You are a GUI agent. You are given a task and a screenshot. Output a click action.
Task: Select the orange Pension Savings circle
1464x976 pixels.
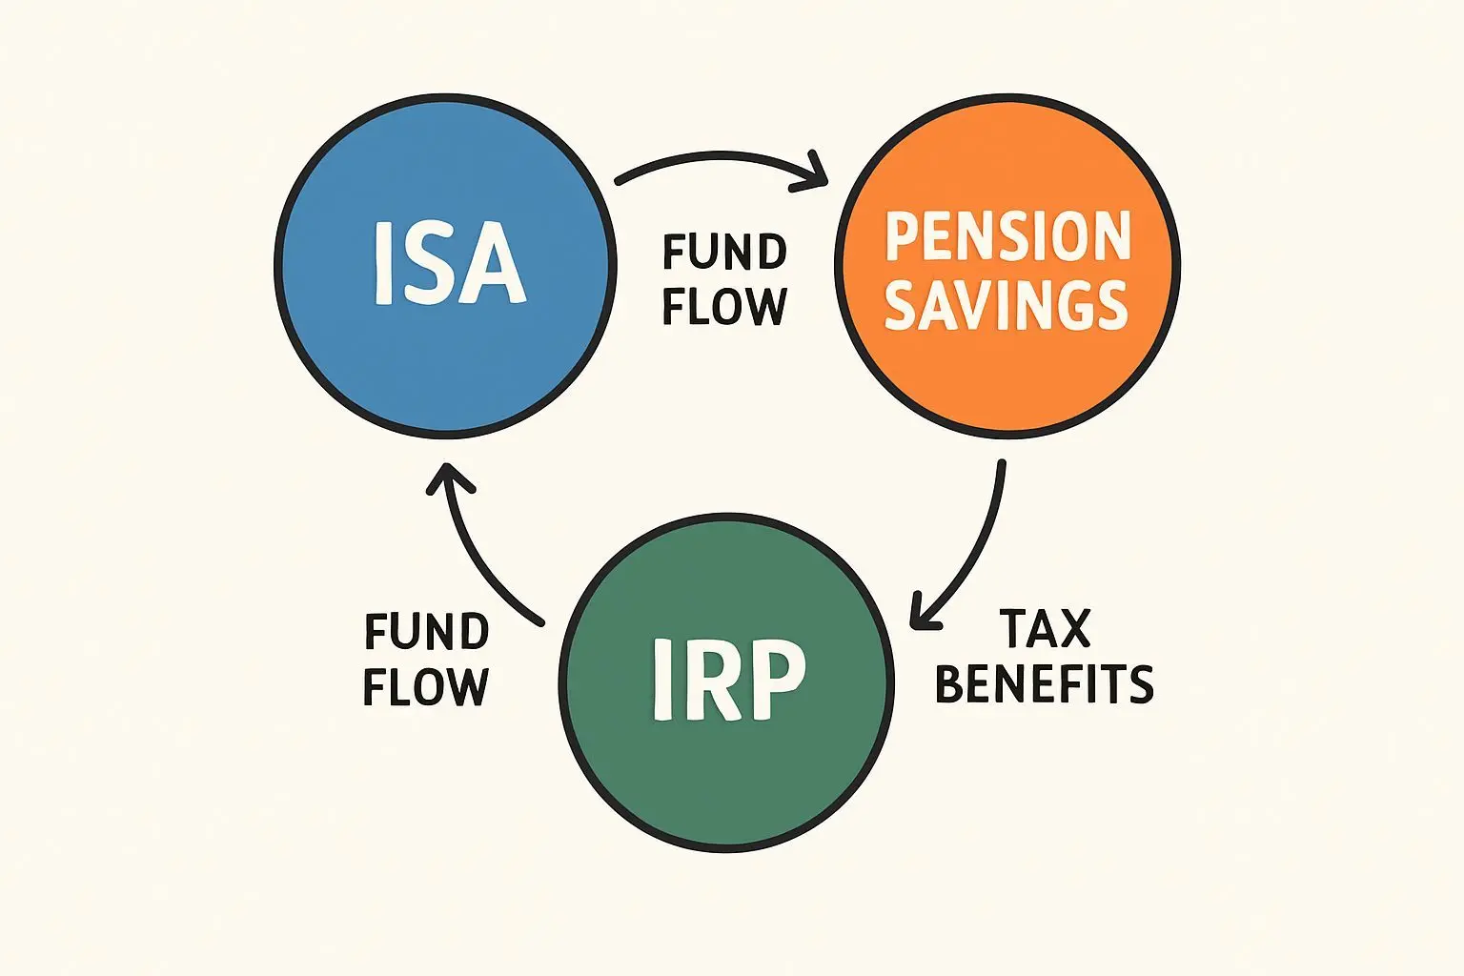[1007, 381]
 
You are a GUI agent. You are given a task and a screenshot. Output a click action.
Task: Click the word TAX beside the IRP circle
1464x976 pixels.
[1045, 629]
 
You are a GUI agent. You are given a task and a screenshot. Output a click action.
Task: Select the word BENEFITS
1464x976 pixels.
[1045, 684]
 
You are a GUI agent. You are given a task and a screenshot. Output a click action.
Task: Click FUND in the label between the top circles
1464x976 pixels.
[724, 253]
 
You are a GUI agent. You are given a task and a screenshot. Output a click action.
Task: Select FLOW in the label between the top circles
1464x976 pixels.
[724, 307]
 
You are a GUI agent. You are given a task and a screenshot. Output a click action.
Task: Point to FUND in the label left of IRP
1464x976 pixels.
[427, 632]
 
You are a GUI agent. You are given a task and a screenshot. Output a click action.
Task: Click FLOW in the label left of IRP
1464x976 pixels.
[426, 687]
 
